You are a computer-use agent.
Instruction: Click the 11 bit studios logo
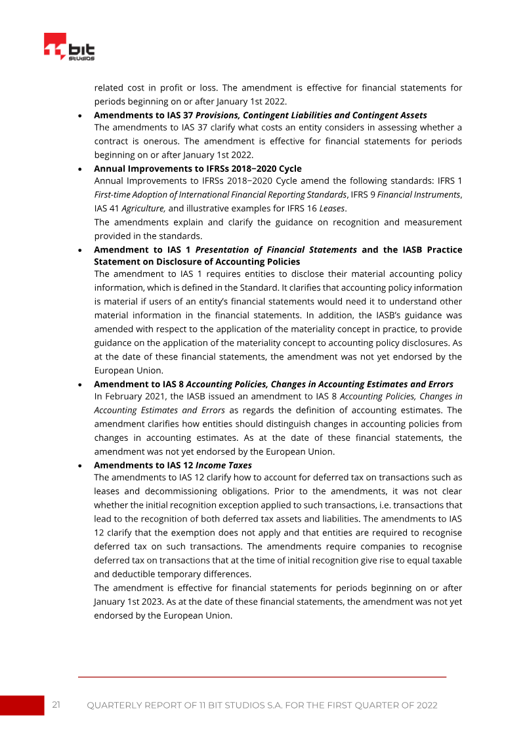(x=69, y=47)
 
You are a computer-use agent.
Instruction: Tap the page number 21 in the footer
(x=56, y=705)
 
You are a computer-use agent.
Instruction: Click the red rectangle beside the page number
(x=22, y=705)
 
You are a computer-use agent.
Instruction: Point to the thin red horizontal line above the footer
(x=262, y=676)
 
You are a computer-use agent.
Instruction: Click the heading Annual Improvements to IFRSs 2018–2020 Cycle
(x=198, y=169)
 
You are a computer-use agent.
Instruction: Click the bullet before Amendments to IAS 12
(x=79, y=466)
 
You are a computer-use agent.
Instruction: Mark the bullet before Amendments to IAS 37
(x=79, y=115)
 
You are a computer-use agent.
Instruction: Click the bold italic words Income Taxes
(x=224, y=465)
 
